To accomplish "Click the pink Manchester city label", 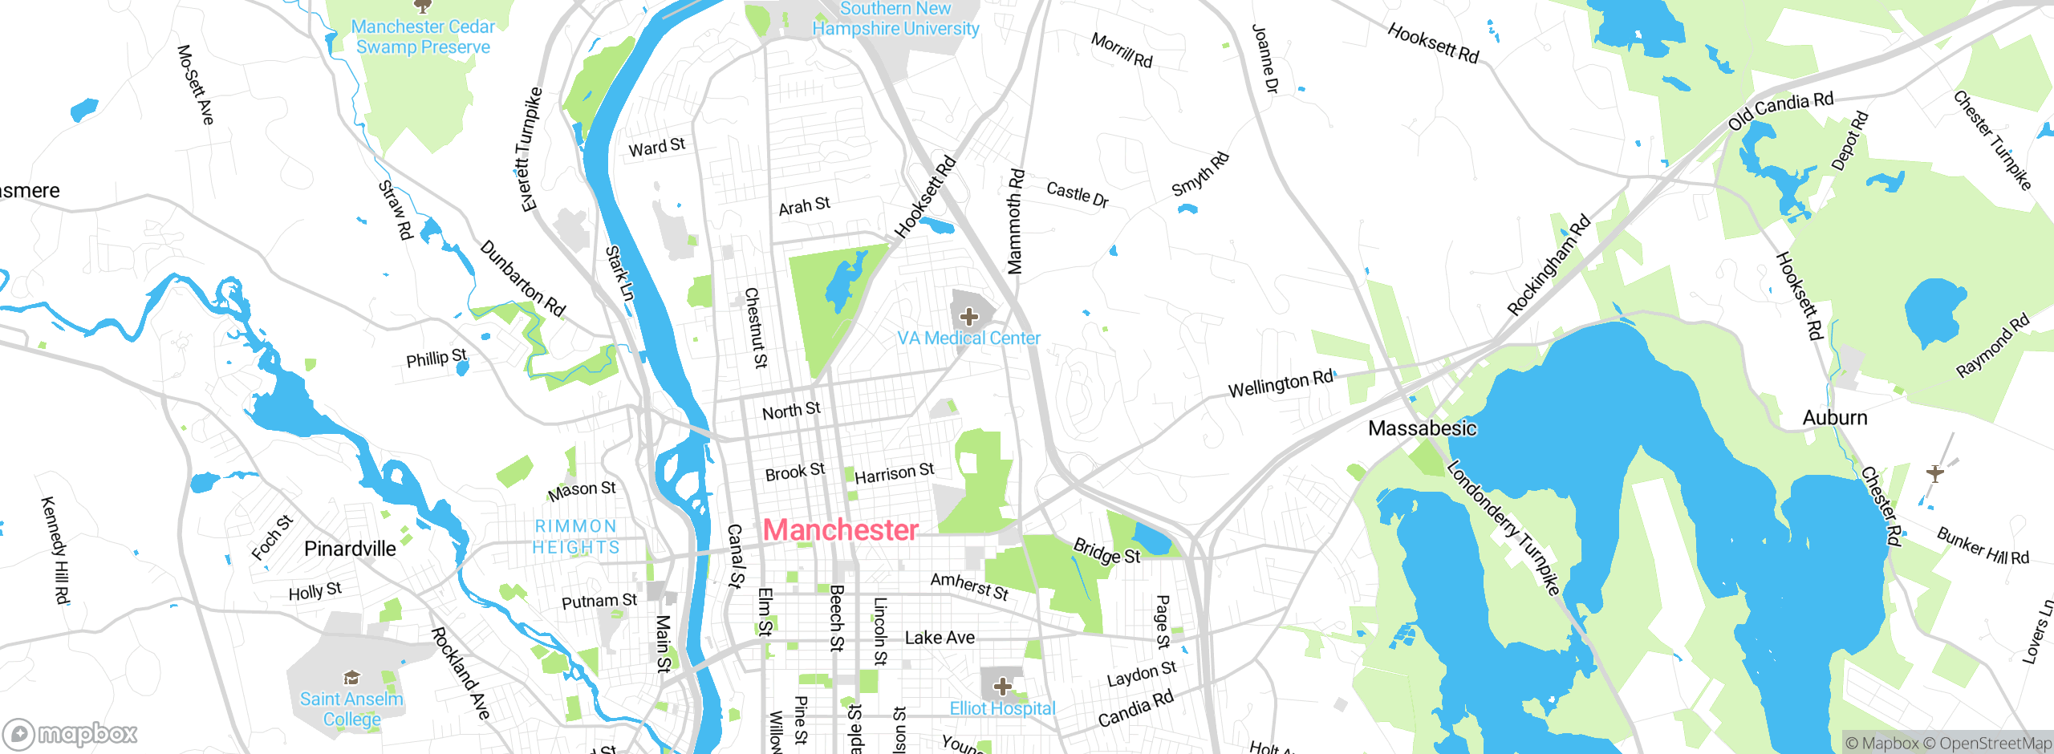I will point(840,530).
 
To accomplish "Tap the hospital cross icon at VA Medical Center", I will point(969,317).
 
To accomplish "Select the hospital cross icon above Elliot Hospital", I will point(1002,687).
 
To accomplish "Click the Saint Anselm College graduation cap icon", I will point(351,678).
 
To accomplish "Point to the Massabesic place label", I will point(1422,428).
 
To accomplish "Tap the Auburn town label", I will point(1834,418).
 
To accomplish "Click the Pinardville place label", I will point(350,549).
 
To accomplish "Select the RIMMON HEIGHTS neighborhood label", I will point(576,537).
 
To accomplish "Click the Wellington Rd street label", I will point(1280,384).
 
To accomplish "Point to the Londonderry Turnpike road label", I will point(1504,528).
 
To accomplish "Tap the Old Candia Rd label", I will point(1780,111).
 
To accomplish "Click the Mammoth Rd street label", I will point(1015,221).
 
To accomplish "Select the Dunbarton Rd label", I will point(522,278).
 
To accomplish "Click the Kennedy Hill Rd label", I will point(55,550).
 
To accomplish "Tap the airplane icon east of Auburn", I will point(1934,472).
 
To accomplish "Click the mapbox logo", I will point(70,733).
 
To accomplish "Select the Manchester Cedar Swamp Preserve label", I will point(423,37).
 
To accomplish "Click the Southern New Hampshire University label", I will point(895,19).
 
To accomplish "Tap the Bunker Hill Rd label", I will point(1982,546).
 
